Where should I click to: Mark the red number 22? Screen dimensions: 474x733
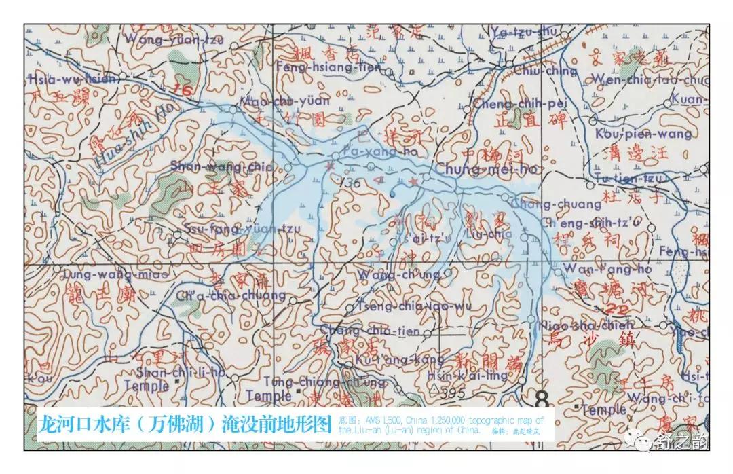(618, 309)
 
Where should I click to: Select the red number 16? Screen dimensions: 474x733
(181, 89)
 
